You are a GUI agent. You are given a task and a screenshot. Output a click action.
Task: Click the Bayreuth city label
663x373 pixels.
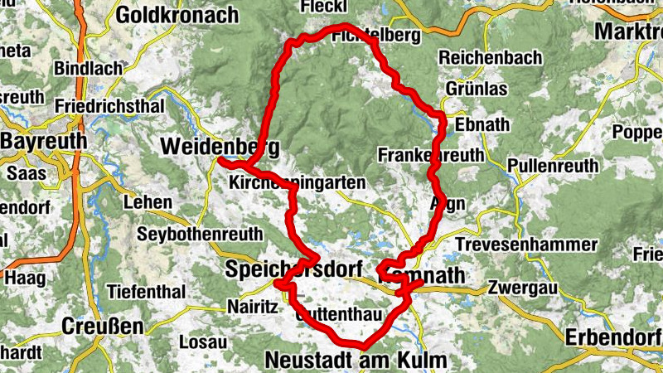tap(43, 142)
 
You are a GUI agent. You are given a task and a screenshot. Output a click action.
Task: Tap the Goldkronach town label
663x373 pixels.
tap(177, 15)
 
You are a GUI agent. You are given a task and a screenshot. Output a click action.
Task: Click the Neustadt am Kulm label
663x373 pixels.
tap(356, 360)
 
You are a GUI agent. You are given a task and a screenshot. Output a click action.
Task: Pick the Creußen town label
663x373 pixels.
tap(104, 326)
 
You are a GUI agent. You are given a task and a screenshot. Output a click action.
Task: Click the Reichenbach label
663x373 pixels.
tap(491, 58)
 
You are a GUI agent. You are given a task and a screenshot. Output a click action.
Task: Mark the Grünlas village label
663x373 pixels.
tap(476, 88)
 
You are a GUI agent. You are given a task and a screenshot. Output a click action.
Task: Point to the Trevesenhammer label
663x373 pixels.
tap(525, 245)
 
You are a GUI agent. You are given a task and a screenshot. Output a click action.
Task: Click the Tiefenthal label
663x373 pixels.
tap(145, 292)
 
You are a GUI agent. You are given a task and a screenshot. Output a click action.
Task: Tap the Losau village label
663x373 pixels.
tap(203, 341)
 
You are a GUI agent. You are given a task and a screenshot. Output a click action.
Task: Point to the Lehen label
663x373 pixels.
tap(148, 201)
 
